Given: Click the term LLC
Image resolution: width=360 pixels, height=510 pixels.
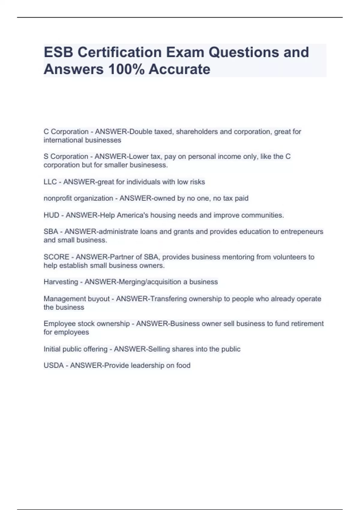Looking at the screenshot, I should (x=50, y=182).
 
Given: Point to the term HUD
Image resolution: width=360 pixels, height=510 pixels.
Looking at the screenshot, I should (x=51, y=215).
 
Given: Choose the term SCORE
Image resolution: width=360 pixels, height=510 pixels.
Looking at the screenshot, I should (x=56, y=257).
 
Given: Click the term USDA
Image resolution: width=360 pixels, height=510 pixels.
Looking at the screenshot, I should (x=54, y=365).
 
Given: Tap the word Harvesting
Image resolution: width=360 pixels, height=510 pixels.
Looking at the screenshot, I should (x=61, y=282).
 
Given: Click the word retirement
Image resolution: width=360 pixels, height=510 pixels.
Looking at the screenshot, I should (x=307, y=324).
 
